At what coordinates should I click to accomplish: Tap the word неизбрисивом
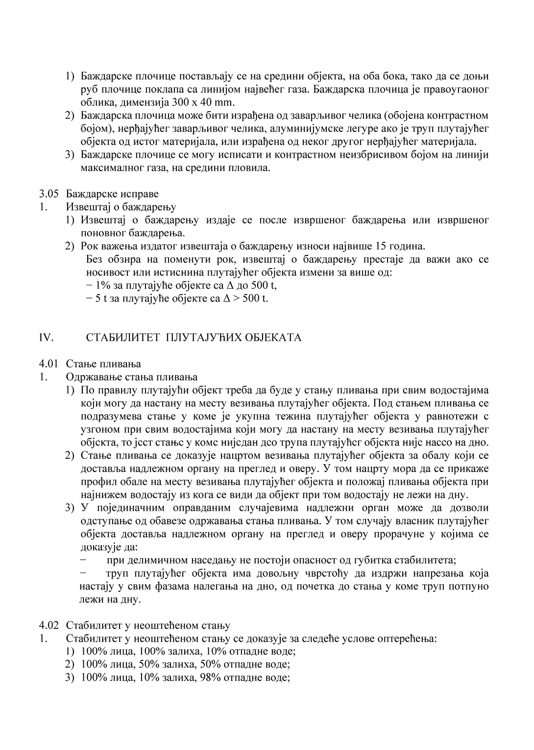tap(346, 155)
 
